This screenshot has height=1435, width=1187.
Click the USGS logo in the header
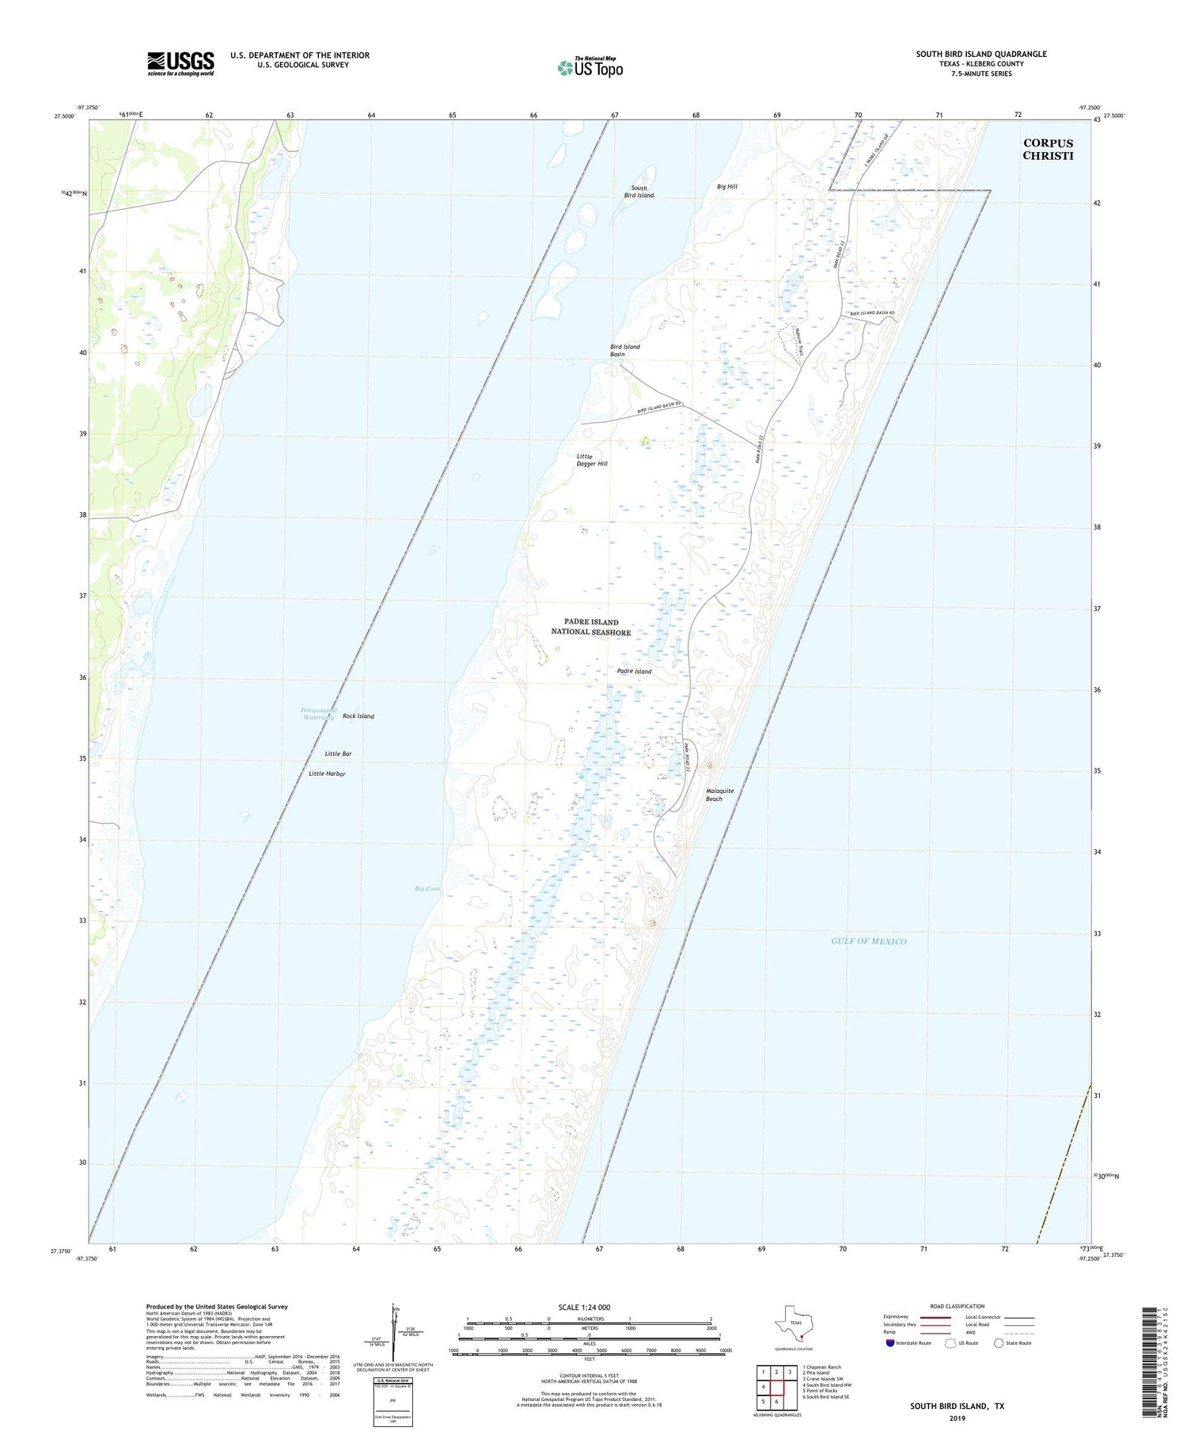(180, 63)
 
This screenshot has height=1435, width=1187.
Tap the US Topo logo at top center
(590, 68)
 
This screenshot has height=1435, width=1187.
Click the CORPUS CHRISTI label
(1048, 149)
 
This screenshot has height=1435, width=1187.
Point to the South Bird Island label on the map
(639, 192)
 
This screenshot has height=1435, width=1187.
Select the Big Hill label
(726, 187)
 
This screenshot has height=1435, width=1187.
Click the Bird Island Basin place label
(624, 350)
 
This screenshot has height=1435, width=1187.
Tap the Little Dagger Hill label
(592, 460)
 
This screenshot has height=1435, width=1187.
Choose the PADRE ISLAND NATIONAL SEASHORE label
(591, 627)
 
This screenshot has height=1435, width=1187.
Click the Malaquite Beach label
(719, 795)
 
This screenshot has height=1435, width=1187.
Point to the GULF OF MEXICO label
(868, 941)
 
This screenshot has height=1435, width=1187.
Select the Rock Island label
(358, 716)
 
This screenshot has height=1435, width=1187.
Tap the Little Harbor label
(327, 773)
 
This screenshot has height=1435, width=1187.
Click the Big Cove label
(427, 889)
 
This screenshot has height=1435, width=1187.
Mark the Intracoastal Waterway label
(318, 713)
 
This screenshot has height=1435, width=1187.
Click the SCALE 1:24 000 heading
(583, 1307)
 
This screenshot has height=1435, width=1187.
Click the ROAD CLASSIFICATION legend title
(957, 1306)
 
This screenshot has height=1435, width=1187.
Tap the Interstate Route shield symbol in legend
(890, 1343)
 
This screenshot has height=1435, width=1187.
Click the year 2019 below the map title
(956, 1418)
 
